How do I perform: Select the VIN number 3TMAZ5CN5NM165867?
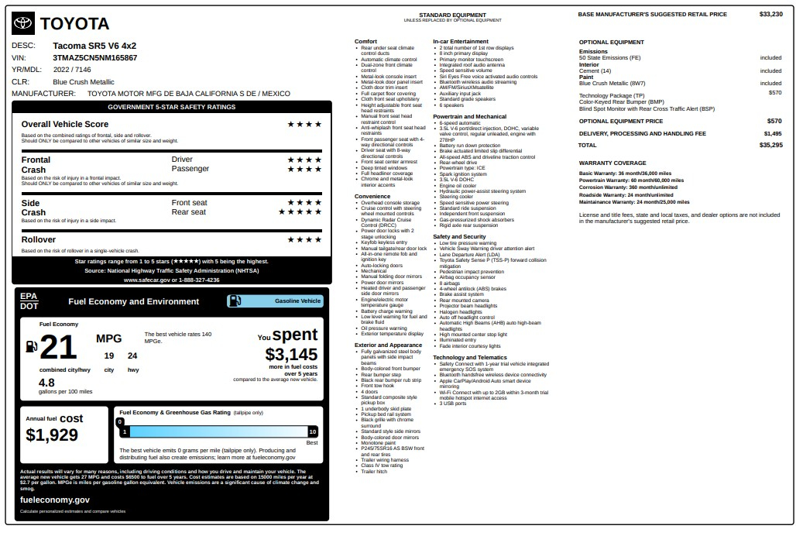click(x=95, y=57)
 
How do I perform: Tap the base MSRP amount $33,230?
click(x=770, y=14)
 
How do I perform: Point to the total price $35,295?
click(x=770, y=145)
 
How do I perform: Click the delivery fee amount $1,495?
click(x=772, y=133)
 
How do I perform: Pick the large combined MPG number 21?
click(x=58, y=348)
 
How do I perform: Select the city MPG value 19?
click(x=109, y=356)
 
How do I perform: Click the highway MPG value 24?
click(x=132, y=356)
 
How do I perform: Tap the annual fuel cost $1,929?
click(x=52, y=435)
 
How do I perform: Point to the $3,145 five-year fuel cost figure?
click(x=291, y=354)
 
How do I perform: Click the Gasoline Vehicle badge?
click(x=276, y=301)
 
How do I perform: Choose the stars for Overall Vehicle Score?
click(x=304, y=124)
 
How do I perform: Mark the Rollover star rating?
click(x=304, y=240)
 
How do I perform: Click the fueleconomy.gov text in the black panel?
click(x=55, y=500)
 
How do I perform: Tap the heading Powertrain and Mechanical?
click(x=469, y=116)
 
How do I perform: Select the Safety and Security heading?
click(x=459, y=236)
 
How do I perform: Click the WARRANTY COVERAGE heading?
click(x=612, y=163)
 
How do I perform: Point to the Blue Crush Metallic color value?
click(x=83, y=81)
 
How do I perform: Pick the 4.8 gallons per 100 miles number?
click(x=46, y=383)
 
